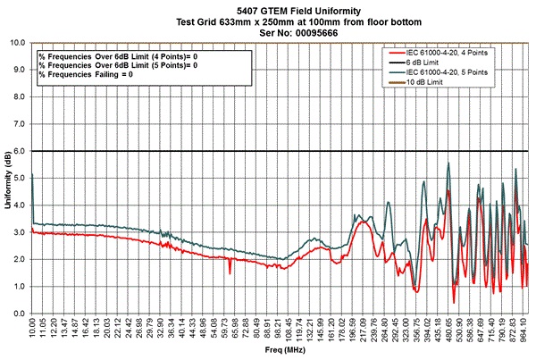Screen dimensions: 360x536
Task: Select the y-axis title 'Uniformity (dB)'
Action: point(7,177)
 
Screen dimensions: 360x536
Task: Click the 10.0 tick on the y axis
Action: point(17,43)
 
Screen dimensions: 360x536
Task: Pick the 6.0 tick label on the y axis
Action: point(19,152)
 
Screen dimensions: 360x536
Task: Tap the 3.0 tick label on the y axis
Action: point(19,233)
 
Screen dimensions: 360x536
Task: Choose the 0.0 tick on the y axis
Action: point(19,314)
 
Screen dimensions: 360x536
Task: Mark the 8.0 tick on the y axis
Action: point(19,97)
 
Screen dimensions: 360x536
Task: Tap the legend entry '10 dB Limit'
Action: point(442,82)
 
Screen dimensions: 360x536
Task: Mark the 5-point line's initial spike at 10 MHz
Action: point(32,175)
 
